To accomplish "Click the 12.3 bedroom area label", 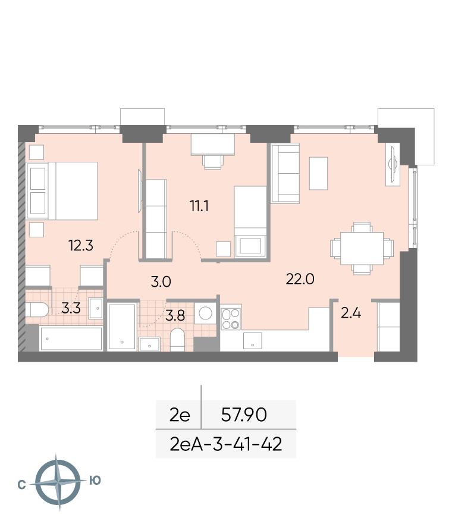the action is tap(81, 246).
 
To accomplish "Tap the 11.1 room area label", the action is tap(199, 205).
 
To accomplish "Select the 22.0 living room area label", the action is tap(300, 279).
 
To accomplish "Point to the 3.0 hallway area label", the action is tap(161, 281).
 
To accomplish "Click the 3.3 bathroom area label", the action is tap(71, 308).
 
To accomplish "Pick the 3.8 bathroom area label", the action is tap(175, 315).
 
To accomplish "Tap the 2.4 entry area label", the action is tap(351, 313).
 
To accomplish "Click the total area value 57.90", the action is tap(244, 415).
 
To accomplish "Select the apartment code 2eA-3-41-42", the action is tap(226, 444).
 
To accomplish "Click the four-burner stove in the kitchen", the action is tap(231, 319).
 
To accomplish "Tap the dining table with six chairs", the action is tap(362, 248).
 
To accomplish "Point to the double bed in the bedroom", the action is tap(62, 190).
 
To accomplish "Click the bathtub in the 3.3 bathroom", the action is tap(71, 338).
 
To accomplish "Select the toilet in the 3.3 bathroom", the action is tap(37, 310).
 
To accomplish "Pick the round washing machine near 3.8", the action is tap(205, 313).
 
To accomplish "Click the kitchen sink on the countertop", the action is tap(253, 341).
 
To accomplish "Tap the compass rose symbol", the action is tap(58, 482).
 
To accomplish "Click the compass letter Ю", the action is tap(95, 480).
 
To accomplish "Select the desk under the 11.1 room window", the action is tap(213, 145).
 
